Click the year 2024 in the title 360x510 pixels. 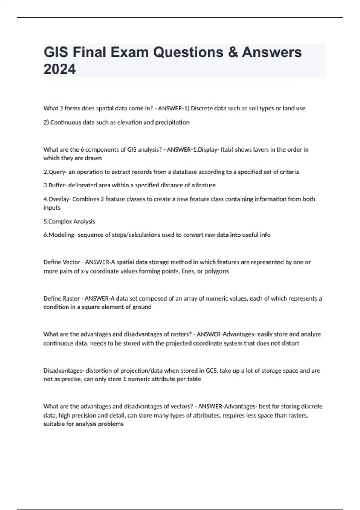[60, 69]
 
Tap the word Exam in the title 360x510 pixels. [129, 52]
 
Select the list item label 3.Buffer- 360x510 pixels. [55, 185]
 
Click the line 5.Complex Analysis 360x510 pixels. [69, 222]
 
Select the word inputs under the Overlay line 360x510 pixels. [52, 208]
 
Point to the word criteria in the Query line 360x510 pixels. [289, 172]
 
